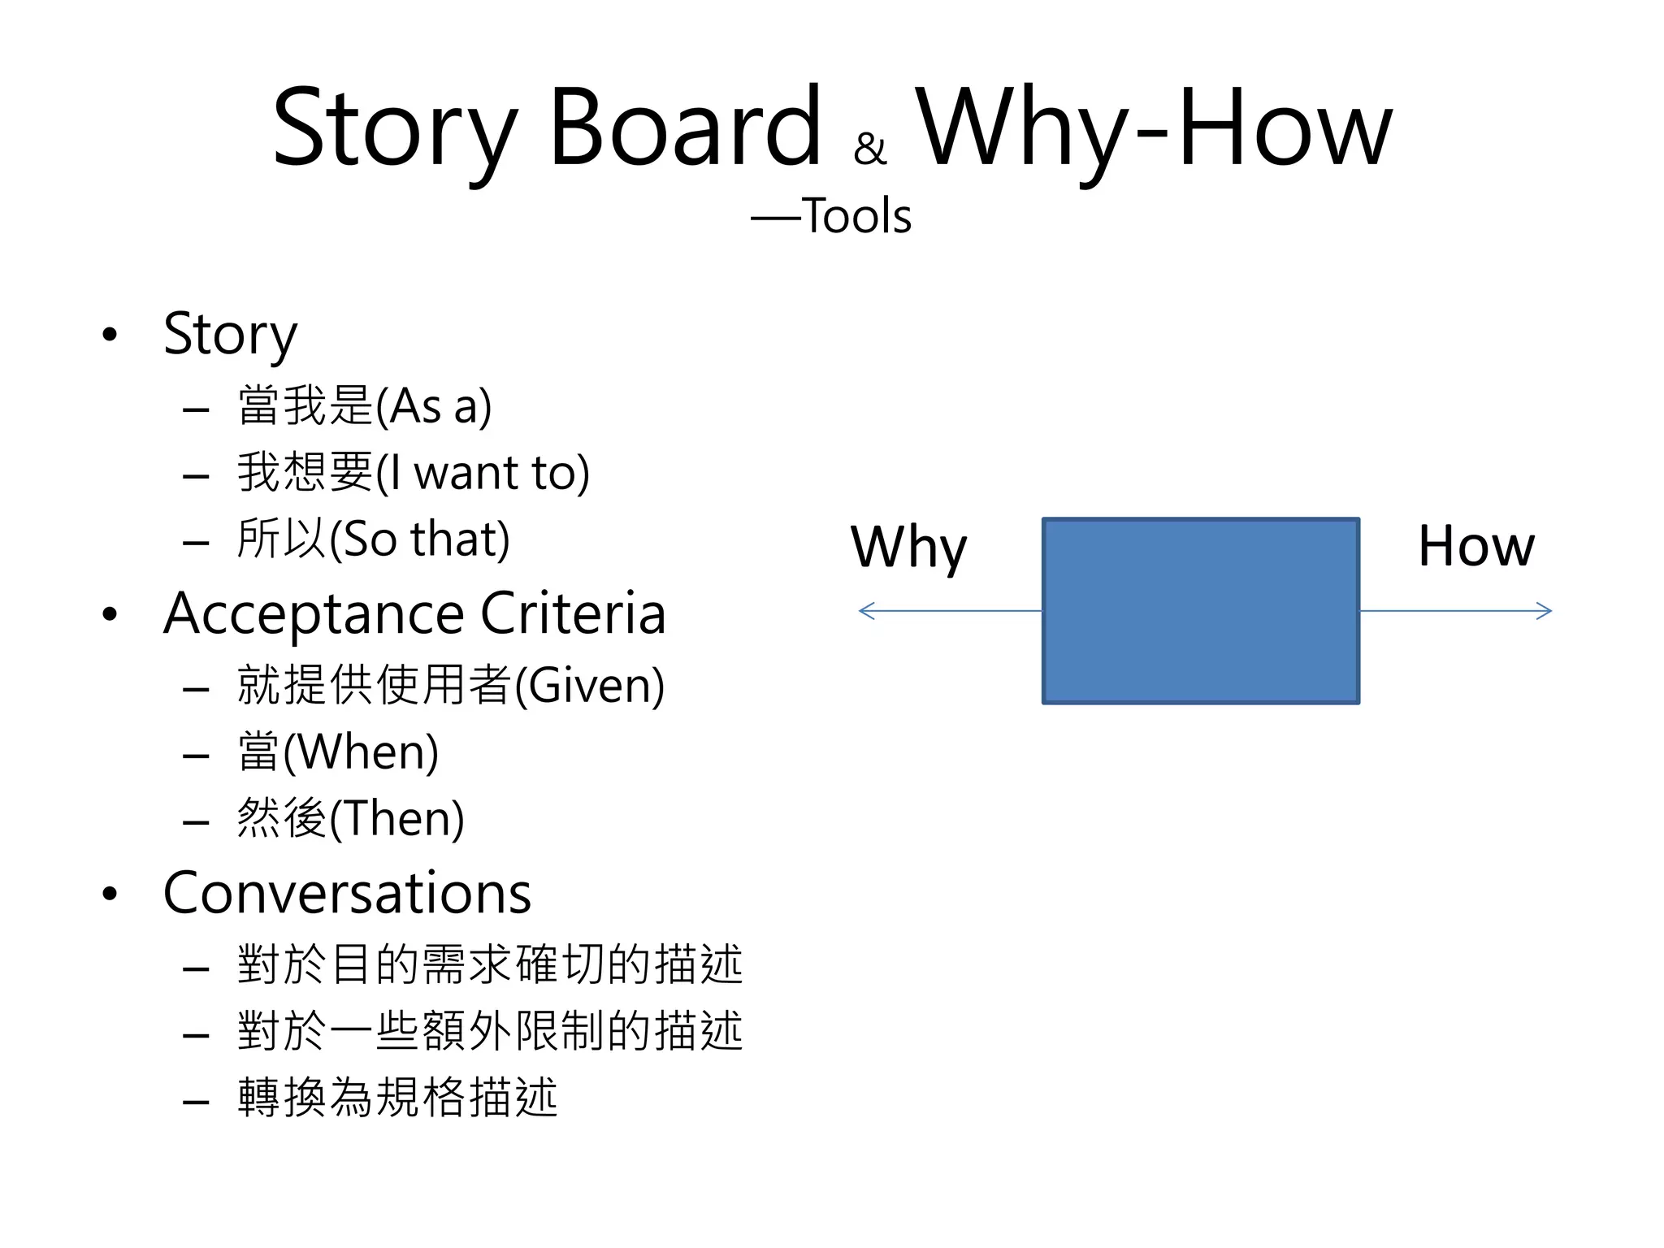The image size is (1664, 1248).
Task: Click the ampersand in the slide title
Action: click(x=869, y=149)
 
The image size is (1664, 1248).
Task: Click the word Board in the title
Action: click(x=685, y=128)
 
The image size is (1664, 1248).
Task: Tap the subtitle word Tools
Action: click(x=856, y=216)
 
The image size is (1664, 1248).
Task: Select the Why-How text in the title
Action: click(x=1154, y=128)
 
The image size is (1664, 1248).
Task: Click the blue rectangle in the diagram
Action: click(x=1200, y=611)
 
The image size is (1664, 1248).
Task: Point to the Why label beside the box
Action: click(x=908, y=548)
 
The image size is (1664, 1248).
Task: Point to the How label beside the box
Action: click(x=1475, y=546)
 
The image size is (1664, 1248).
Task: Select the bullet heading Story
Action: click(x=230, y=334)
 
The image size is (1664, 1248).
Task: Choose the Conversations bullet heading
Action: click(x=347, y=893)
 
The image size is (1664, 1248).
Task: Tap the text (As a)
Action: click(x=434, y=406)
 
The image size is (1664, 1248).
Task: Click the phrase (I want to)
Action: click(x=483, y=473)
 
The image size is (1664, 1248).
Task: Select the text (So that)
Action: click(x=419, y=539)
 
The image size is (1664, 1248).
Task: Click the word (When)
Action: click(x=361, y=752)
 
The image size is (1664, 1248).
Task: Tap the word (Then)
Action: click(x=396, y=819)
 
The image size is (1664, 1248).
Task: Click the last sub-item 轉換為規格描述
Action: click(x=397, y=1098)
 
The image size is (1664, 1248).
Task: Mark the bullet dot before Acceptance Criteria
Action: click(x=110, y=614)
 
